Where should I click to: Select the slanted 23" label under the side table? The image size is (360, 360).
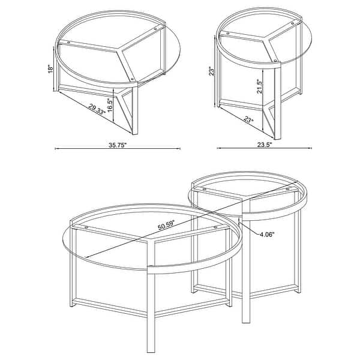pos(249,119)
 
